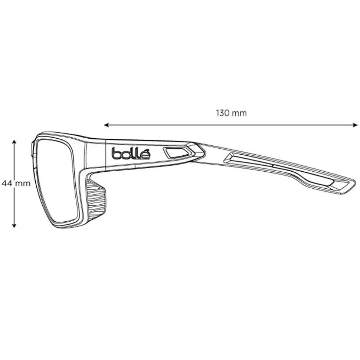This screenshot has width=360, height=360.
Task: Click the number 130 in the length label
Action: pyautogui.click(x=222, y=113)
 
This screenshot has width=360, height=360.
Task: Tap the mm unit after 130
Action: pyautogui.click(x=239, y=113)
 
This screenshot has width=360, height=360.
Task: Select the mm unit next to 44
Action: pyautogui.click(x=23, y=183)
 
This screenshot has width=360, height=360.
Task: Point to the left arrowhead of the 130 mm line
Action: pyautogui.click(x=106, y=125)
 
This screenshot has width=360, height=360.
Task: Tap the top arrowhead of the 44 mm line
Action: pyautogui.click(x=14, y=142)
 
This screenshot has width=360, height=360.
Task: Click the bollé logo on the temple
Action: pyautogui.click(x=131, y=153)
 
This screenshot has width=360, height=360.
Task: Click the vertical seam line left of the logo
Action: pyautogui.click(x=107, y=155)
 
